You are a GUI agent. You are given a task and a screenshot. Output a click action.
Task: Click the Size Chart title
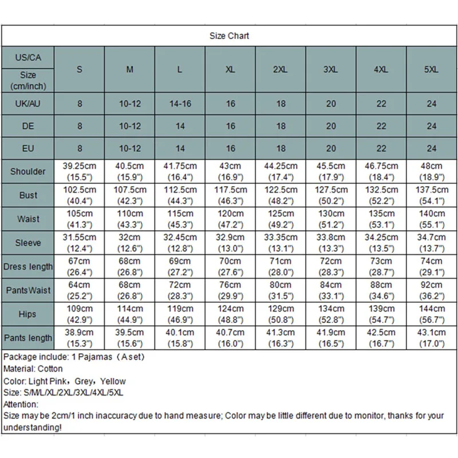pyautogui.click(x=229, y=35)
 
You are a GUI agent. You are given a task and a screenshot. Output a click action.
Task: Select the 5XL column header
pyautogui.click(x=432, y=69)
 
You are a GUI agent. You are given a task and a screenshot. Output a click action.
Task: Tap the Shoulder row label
pyautogui.click(x=27, y=171)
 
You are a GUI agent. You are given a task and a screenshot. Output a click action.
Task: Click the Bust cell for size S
pyautogui.click(x=80, y=195)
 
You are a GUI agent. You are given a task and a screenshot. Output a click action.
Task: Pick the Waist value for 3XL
pyautogui.click(x=331, y=219)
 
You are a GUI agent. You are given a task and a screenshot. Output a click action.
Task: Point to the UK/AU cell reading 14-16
pyautogui.click(x=180, y=104)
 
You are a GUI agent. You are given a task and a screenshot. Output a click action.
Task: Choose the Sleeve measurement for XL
pyautogui.click(x=230, y=243)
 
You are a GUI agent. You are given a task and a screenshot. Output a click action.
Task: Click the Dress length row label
pyautogui.click(x=27, y=267)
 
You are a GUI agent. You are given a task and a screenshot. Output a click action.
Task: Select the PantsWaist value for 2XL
pyautogui.click(x=281, y=290)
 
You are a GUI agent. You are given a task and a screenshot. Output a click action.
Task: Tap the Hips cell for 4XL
pyautogui.click(x=381, y=314)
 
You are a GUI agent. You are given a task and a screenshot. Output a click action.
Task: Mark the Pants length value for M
pyautogui.click(x=130, y=338)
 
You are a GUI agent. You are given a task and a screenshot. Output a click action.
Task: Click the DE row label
pyautogui.click(x=27, y=126)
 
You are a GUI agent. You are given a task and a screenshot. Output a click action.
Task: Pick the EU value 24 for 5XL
pyautogui.click(x=432, y=148)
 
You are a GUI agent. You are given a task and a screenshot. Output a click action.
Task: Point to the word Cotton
pyautogui.click(x=50, y=369)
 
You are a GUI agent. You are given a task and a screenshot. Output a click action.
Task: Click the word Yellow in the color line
pyautogui.click(x=112, y=381)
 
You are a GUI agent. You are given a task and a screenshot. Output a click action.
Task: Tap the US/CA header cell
pyautogui.click(x=27, y=58)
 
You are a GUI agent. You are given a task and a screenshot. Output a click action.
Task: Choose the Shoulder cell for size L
pyautogui.click(x=180, y=171)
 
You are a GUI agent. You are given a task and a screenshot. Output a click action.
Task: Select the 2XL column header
pyautogui.click(x=281, y=69)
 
